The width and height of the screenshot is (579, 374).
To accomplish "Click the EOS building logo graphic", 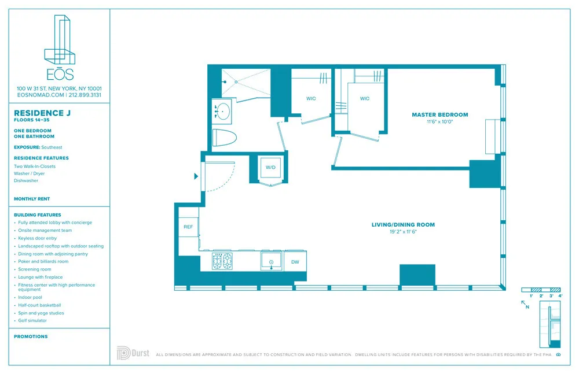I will pos(60,39).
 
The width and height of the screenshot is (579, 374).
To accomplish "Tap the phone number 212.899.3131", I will pos(85,94).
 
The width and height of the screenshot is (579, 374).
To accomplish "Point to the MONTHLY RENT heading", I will pos(32,199).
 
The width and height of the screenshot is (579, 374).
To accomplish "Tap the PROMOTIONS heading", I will pos(31,336).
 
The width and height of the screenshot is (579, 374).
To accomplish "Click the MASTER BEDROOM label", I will pos(439,114).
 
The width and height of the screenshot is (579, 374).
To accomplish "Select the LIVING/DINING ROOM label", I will pos(403,224).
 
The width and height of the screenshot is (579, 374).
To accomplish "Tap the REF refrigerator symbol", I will pos(188,227).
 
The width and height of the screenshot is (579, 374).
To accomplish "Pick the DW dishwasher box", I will pos(295,261).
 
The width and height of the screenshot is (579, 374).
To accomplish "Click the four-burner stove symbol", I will pos(222,261).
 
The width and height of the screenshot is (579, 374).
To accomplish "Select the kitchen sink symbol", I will pos(271,261).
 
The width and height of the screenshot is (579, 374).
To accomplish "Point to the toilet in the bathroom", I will pos(225,139).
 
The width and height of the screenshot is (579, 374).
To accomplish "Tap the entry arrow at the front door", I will pos(196,176).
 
